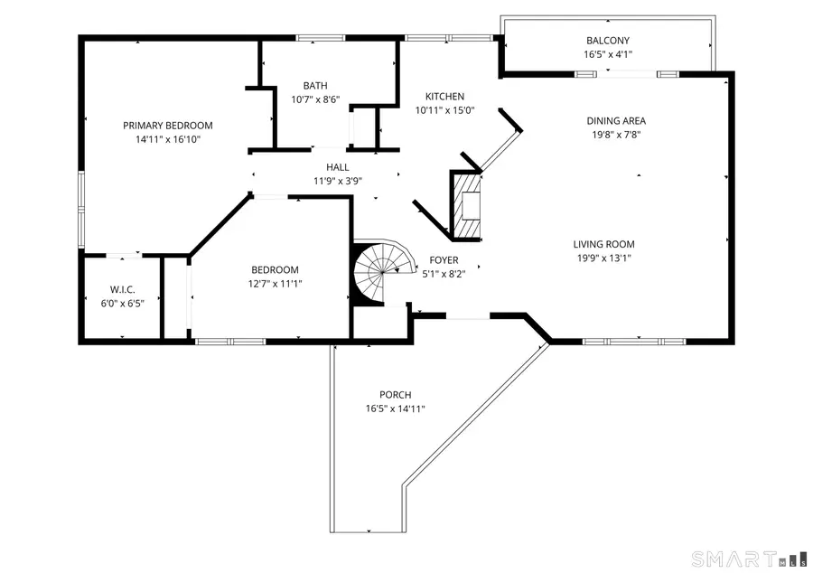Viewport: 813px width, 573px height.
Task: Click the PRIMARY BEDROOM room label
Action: pyautogui.click(x=167, y=126)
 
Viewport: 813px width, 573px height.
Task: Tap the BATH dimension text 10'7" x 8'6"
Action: pyautogui.click(x=315, y=99)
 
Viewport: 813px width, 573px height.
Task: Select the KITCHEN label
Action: pyautogui.click(x=444, y=97)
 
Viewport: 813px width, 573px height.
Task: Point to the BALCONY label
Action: pyautogui.click(x=608, y=41)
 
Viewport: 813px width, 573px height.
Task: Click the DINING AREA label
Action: pyautogui.click(x=616, y=121)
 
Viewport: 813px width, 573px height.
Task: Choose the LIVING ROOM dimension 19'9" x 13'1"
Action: pyautogui.click(x=604, y=258)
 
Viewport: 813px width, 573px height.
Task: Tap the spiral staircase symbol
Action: pyautogui.click(x=384, y=272)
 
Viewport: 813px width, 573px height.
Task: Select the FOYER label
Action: pyautogui.click(x=444, y=260)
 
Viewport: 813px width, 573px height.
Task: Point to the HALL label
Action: pyautogui.click(x=338, y=167)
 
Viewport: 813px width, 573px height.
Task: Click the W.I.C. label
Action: pyautogui.click(x=122, y=290)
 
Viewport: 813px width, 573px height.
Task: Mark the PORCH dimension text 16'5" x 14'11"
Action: pyautogui.click(x=395, y=409)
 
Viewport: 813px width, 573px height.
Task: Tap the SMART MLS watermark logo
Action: pyautogui.click(x=749, y=559)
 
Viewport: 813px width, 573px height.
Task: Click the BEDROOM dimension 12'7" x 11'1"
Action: pyautogui.click(x=275, y=284)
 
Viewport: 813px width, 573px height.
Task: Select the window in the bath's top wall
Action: pyautogui.click(x=321, y=38)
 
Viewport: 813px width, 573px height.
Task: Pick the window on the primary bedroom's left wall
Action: pyautogui.click(x=81, y=209)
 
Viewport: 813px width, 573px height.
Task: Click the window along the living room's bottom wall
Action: pyautogui.click(x=634, y=342)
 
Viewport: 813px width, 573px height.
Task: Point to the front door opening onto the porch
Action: pyautogui.click(x=468, y=315)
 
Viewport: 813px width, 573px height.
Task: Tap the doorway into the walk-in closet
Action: pyautogui.click(x=124, y=255)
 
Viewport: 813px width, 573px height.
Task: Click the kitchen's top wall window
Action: pyautogui.click(x=448, y=38)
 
